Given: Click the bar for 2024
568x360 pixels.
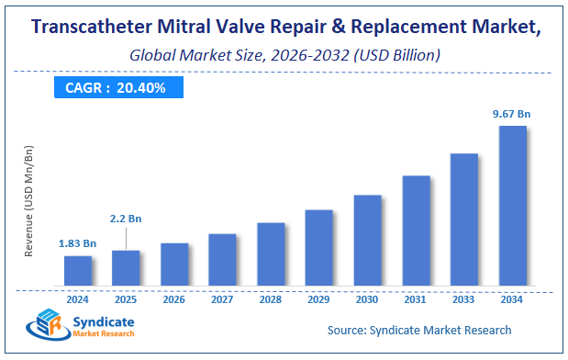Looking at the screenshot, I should tap(78, 270).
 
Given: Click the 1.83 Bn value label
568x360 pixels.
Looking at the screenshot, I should tap(78, 243).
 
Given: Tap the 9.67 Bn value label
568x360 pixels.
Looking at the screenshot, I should tap(511, 113).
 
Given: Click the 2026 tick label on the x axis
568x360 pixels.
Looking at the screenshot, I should tap(174, 299).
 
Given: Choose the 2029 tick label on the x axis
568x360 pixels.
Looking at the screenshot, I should tap(319, 299).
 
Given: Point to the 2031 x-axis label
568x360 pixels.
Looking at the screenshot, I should tap(416, 299).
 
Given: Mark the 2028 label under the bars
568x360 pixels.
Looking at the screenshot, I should tap(271, 299).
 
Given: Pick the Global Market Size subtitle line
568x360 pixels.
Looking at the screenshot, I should tap(284, 55).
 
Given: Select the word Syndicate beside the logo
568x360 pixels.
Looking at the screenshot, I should tap(102, 322).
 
